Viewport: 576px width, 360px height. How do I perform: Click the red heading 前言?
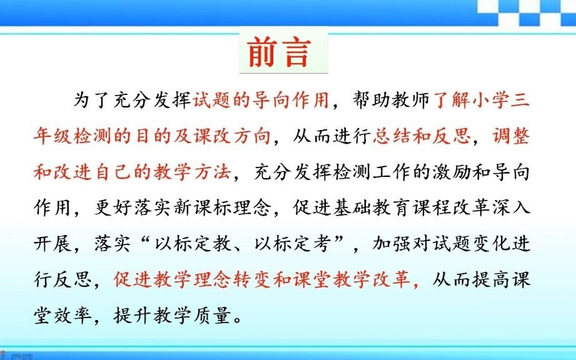(x=279, y=52)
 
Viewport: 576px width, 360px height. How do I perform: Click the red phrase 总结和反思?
(x=422, y=136)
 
